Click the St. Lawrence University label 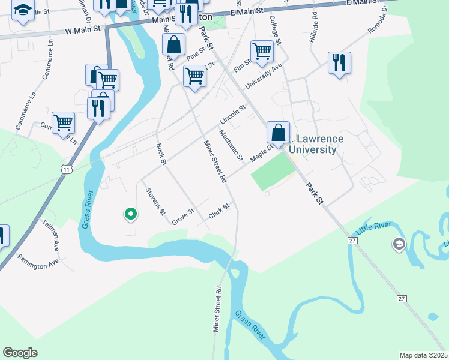[x=313, y=144]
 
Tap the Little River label [x=373, y=228]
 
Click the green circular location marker [x=130, y=213]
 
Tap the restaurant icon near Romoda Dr [x=339, y=63]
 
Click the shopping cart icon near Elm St [x=262, y=52]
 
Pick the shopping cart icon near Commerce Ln [x=63, y=123]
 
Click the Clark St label [x=219, y=211]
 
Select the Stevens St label [x=155, y=202]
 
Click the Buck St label [x=161, y=151]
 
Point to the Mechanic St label [x=231, y=145]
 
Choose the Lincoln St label [x=233, y=112]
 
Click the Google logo [x=20, y=353]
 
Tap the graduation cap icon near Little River [x=399, y=244]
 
